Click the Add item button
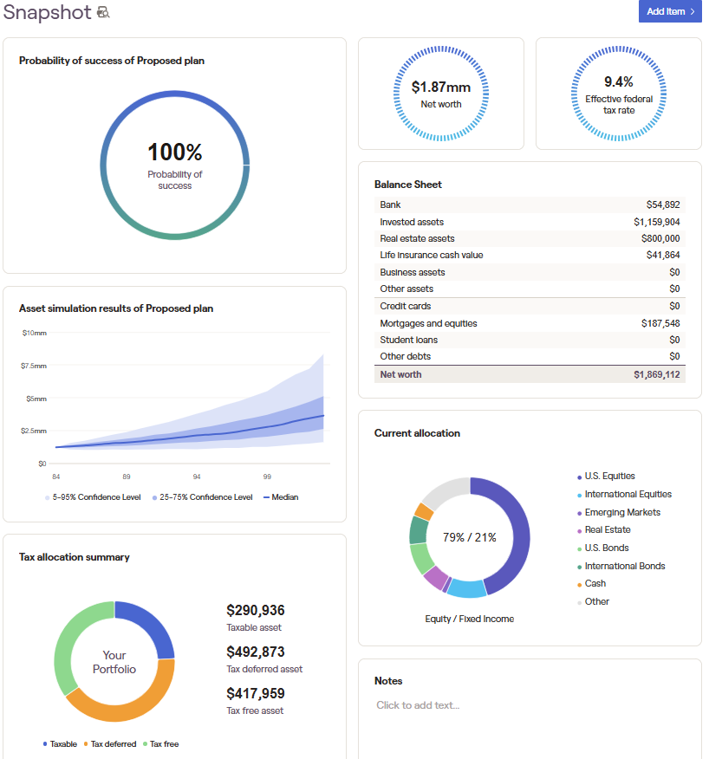[669, 11]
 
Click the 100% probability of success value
[174, 152]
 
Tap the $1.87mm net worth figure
[441, 87]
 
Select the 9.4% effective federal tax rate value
[619, 81]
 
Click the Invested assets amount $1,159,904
[656, 222]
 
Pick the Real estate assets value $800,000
[660, 238]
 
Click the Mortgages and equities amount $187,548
[660, 323]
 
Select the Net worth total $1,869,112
[656, 374]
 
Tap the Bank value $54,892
[663, 204]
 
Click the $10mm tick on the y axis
[35, 333]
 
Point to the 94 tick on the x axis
[197, 477]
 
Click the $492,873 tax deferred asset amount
[256, 652]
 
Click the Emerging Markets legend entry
[621, 512]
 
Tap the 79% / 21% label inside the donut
[469, 537]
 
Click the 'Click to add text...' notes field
[418, 705]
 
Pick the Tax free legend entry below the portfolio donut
[163, 743]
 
